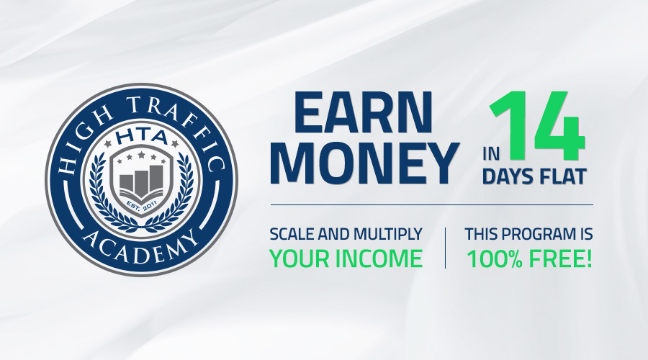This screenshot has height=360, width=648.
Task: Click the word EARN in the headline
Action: click(x=364, y=113)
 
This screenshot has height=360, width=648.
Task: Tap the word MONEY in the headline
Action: click(x=365, y=163)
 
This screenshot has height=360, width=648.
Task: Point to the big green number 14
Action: click(x=537, y=126)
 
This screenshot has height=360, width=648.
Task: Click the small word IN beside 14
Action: click(x=491, y=154)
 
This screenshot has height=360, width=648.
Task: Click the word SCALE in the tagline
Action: click(x=292, y=234)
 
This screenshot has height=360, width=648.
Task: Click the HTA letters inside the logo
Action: click(x=142, y=138)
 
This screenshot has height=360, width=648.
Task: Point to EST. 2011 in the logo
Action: click(x=141, y=205)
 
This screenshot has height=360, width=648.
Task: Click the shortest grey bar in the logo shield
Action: click(x=127, y=183)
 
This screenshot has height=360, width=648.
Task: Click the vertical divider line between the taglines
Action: click(x=445, y=248)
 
